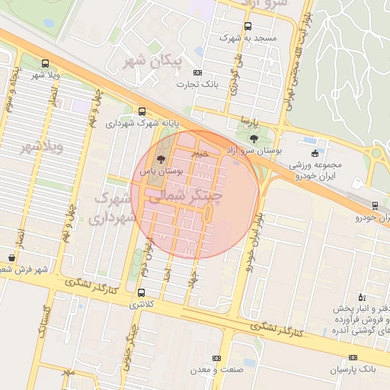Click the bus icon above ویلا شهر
tap(44, 64)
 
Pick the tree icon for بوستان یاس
tap(160, 159)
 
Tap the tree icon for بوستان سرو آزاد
tap(254, 139)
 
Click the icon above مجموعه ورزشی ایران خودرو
tap(315, 153)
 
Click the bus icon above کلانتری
tap(141, 292)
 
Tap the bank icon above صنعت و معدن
tap(216, 358)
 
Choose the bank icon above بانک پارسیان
tap(353, 357)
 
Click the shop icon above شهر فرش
tap(11, 258)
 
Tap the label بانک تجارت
tap(204, 84)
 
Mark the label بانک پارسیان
tap(353, 369)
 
